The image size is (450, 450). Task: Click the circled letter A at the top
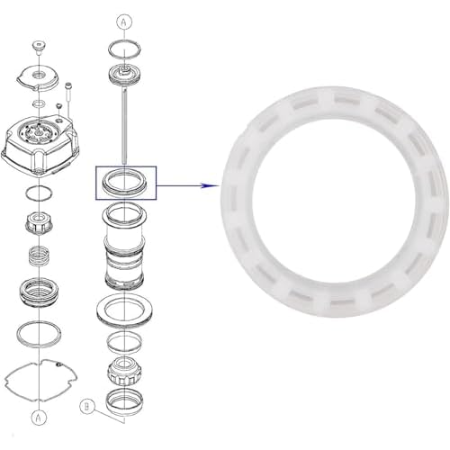[x=124, y=21]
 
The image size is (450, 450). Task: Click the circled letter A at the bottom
[x=39, y=418]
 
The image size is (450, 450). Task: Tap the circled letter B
[x=87, y=407]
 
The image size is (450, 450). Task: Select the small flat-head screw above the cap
[x=38, y=47]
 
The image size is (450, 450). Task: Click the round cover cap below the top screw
[x=38, y=77]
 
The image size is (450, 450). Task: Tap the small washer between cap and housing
[x=39, y=103]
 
